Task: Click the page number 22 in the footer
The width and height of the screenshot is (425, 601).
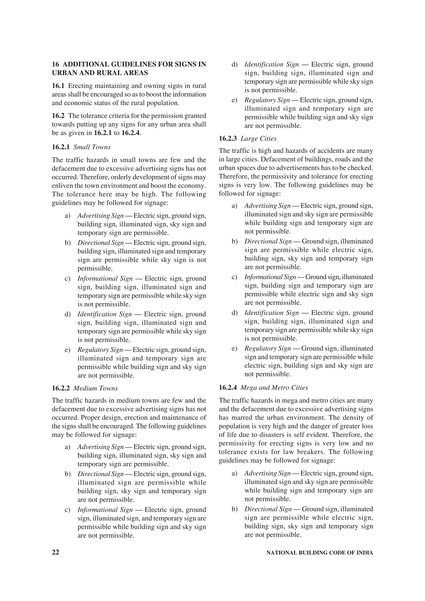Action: pyautogui.click(x=56, y=552)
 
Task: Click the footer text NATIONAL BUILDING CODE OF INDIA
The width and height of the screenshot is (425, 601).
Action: pyautogui.click(x=319, y=553)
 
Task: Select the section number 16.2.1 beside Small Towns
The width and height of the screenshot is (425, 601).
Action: pyautogui.click(x=61, y=147)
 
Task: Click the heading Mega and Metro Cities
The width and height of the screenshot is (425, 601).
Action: pyautogui.click(x=274, y=388)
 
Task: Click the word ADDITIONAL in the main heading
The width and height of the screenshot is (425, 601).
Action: pyautogui.click(x=86, y=64)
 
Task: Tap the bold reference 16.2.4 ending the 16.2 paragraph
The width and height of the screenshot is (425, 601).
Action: pyautogui.click(x=130, y=133)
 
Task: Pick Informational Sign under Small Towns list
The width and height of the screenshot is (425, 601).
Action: pyautogui.click(x=105, y=279)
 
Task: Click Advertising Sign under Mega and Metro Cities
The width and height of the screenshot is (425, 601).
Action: pyautogui.click(x=267, y=473)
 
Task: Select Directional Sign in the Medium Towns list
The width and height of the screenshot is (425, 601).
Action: pyautogui.click(x=101, y=474)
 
